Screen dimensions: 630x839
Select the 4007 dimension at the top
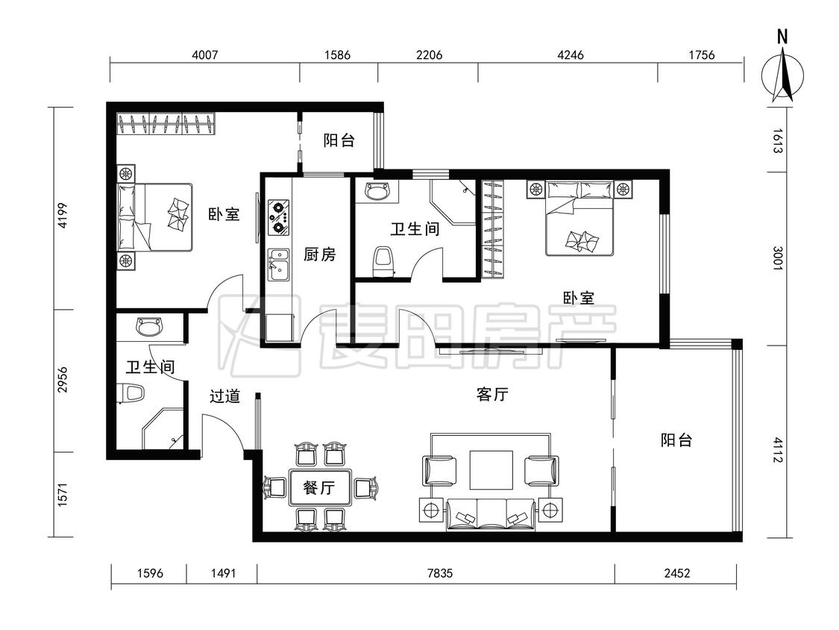(204, 54)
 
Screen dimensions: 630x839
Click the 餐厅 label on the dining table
(319, 489)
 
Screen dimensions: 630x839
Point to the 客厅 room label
(491, 395)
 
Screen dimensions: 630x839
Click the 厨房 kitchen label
(319, 255)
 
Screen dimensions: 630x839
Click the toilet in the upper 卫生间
(383, 262)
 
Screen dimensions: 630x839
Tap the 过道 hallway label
(224, 396)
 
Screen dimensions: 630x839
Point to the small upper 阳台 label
(339, 140)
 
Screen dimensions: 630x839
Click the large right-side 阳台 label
(676, 440)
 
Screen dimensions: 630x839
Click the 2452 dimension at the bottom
(676, 574)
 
